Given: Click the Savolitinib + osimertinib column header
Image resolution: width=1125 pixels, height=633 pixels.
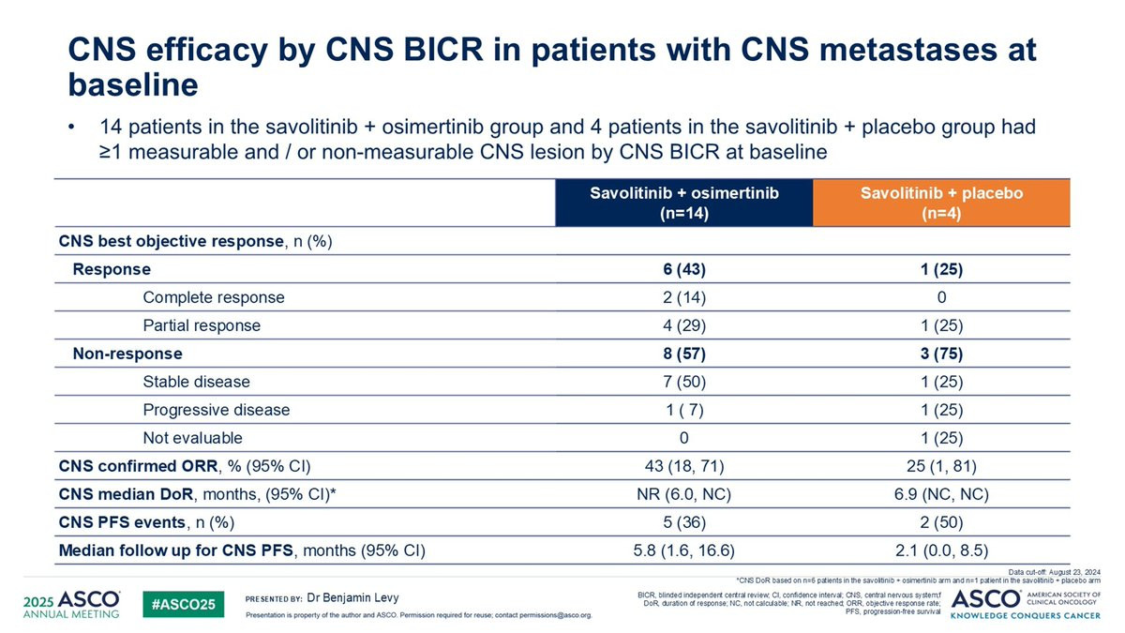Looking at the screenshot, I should click(684, 202).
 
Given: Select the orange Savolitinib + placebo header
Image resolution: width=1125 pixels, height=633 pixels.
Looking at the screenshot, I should click(941, 202).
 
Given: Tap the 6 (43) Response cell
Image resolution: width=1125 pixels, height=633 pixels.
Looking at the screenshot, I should click(684, 269).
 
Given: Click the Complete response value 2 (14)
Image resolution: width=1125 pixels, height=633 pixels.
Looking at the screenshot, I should click(684, 297).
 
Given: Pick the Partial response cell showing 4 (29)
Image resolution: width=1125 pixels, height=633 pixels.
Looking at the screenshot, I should click(684, 325).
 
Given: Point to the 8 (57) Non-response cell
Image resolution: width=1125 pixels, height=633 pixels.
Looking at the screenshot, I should click(684, 354).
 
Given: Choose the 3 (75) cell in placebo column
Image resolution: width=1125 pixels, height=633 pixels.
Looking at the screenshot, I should click(941, 354).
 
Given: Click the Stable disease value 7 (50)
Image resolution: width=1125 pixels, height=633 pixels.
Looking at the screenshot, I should click(684, 382).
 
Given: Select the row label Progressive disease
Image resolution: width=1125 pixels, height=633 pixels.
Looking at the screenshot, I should click(217, 410).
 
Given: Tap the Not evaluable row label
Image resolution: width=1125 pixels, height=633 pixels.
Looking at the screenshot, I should click(192, 438).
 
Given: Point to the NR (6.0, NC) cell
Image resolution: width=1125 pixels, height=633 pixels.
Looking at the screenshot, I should click(684, 494).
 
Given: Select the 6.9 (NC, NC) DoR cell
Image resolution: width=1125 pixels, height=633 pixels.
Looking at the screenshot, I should click(941, 494).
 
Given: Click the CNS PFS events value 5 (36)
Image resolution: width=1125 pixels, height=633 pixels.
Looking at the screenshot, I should click(684, 522).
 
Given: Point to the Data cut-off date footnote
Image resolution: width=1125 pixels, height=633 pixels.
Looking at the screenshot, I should click(1055, 571).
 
